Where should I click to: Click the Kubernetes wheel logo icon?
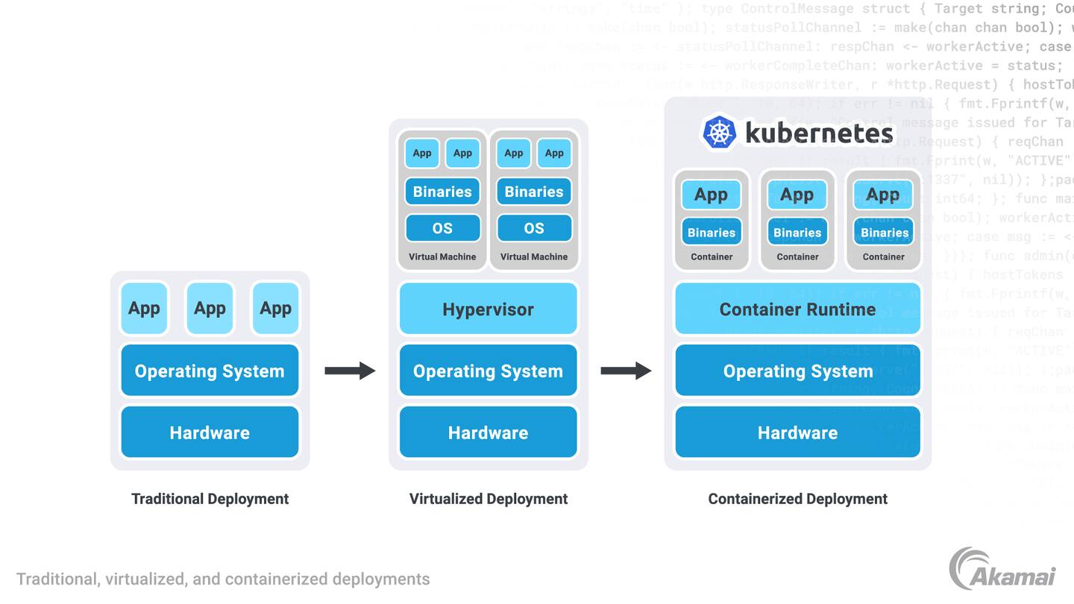(719, 133)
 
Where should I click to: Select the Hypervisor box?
(489, 309)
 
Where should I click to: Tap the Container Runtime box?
(797, 309)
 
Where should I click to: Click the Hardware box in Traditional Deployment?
(210, 432)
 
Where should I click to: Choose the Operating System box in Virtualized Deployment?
(489, 371)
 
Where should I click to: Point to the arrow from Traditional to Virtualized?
(350, 371)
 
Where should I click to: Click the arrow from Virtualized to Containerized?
(626, 371)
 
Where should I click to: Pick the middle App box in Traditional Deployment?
(210, 308)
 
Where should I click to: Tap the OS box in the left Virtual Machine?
(442, 228)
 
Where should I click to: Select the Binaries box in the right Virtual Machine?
(534, 192)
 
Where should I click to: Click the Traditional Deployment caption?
(210, 499)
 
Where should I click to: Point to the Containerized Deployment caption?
(797, 499)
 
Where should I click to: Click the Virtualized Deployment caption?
(489, 499)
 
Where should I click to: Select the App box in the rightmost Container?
(883, 195)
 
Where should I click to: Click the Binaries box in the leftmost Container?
(712, 232)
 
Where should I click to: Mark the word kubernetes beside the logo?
(819, 133)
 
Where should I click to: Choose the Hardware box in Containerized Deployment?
(797, 432)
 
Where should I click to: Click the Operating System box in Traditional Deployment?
(210, 371)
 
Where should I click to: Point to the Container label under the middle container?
(797, 257)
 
